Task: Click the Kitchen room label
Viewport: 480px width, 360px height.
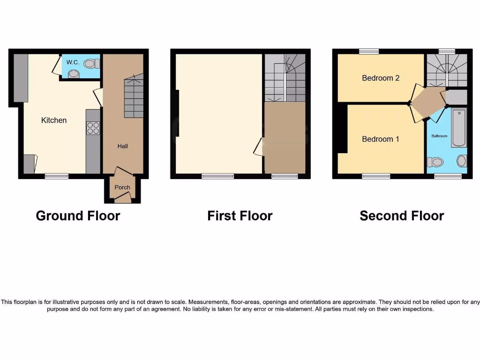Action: tap(54, 120)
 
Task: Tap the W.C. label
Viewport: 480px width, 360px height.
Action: tap(72, 62)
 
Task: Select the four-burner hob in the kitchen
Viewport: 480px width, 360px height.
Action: tap(93, 128)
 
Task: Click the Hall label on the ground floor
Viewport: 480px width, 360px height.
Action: tap(122, 146)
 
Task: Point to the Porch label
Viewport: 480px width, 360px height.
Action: tap(122, 187)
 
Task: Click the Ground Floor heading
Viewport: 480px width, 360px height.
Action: tap(78, 216)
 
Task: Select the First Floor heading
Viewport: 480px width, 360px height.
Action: tap(240, 216)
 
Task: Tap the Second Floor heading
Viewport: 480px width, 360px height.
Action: tap(402, 216)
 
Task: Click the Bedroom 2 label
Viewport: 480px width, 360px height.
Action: tap(381, 78)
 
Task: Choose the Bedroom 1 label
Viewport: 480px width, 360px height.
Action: tap(381, 139)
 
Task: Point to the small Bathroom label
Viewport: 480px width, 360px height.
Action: tap(439, 136)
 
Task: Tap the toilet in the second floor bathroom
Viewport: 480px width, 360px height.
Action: tap(435, 162)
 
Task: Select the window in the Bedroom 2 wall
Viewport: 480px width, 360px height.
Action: tap(369, 51)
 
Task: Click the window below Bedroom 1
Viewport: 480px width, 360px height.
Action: tap(376, 176)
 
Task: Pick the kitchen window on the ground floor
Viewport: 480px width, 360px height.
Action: tap(57, 176)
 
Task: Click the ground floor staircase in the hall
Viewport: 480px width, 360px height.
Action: tap(134, 98)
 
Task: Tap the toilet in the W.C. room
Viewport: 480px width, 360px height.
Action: tap(91, 63)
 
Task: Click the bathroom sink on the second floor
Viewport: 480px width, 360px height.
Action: tap(462, 161)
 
